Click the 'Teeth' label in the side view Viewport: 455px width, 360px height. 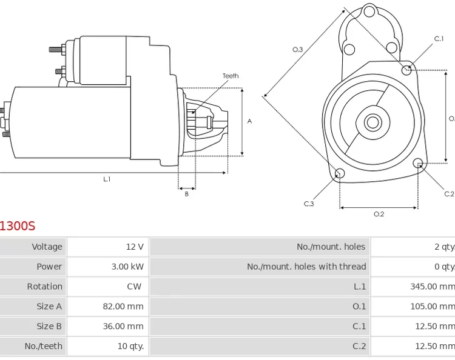click(231, 76)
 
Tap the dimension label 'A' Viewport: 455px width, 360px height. click(249, 121)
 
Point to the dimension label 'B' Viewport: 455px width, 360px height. click(187, 194)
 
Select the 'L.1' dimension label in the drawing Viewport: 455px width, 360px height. click(107, 179)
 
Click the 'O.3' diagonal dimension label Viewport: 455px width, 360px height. click(297, 50)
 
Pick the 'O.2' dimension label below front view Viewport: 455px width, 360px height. click(379, 214)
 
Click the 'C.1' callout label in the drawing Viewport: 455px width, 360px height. click(439, 39)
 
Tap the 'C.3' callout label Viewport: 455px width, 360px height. click(309, 204)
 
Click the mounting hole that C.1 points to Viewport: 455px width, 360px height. click(407, 70)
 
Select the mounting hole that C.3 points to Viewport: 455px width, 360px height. click(340, 174)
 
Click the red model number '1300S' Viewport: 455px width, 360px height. click(17, 227)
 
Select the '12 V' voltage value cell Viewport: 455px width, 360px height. click(135, 247)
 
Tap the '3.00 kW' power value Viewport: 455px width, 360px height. click(127, 267)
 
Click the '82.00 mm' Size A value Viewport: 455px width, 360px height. click(123, 307)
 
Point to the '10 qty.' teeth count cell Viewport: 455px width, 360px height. click(130, 346)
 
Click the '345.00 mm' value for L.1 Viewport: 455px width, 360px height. click(432, 287)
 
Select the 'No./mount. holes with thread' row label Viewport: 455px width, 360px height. click(306, 267)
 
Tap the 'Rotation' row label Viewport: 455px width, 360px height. click(44, 287)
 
